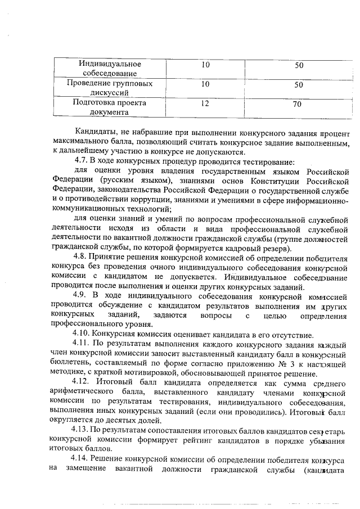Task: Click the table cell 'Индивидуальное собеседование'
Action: [109, 69]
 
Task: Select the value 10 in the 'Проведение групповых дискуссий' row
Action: [205, 84]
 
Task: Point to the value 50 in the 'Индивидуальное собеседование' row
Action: [299, 65]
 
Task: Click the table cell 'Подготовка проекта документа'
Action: [109, 107]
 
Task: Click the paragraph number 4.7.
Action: [82, 160]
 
